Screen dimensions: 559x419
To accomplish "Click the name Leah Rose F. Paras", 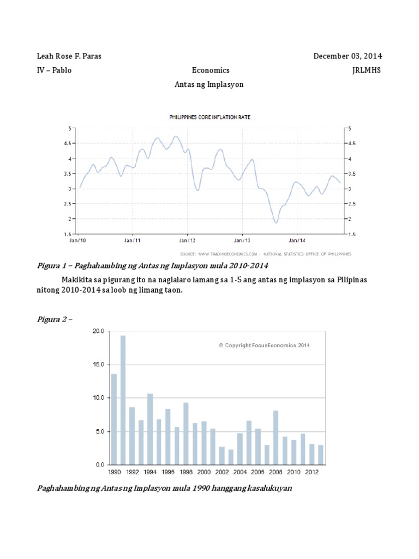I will [69, 56].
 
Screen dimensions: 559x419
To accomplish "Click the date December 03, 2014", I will [348, 56].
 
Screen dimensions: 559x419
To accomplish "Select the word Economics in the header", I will [211, 70].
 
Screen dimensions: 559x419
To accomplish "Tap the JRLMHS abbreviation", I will [368, 70].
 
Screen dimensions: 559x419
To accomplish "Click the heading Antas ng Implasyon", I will [209, 85].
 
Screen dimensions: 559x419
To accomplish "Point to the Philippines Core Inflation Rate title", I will [210, 117].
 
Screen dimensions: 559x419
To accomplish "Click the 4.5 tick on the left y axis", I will [69, 144].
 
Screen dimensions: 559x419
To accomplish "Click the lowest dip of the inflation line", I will [276, 222].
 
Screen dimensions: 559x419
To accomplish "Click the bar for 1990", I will [114, 419].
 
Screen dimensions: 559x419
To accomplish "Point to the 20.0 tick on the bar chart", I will [99, 331].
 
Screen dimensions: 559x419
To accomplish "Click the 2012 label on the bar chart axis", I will [312, 472].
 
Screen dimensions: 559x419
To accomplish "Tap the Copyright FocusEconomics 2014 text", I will [264, 345].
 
